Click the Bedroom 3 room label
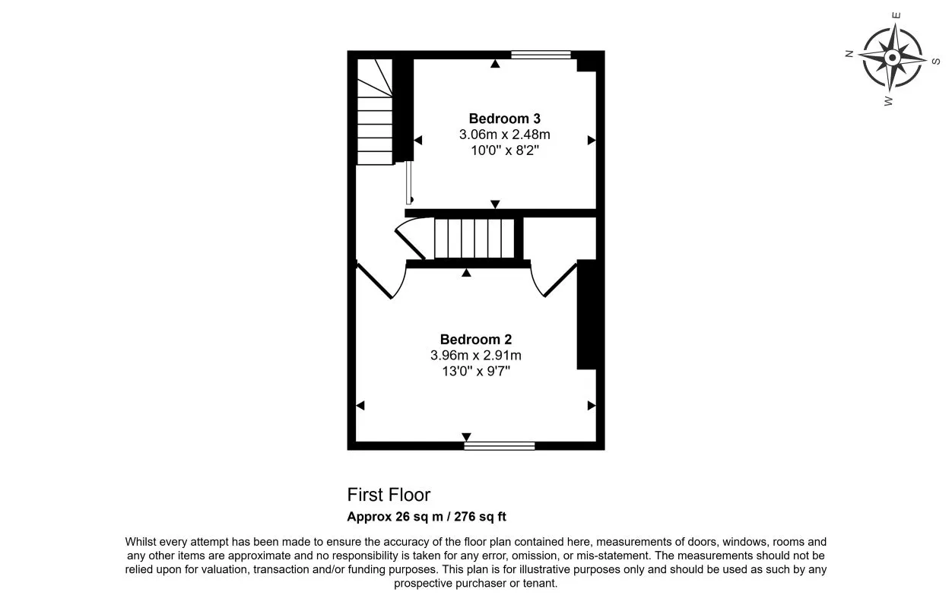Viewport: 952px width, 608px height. [504, 119]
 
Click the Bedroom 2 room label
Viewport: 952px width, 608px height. [475, 340]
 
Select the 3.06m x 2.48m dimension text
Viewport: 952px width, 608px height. [504, 135]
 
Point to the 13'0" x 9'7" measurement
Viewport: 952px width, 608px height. [475, 371]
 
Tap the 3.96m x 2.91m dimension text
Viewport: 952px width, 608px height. [475, 356]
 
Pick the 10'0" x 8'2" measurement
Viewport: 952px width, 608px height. [504, 150]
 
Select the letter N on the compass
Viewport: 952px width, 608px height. [849, 53]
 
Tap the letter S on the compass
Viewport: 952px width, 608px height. [936, 62]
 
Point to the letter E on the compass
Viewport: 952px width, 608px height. [897, 14]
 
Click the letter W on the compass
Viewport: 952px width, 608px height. [888, 100]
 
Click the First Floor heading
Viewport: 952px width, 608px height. [389, 495]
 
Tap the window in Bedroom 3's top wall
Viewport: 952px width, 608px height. [541, 54]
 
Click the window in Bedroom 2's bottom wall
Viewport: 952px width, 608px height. [499, 446]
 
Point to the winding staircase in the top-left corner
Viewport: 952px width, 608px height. [374, 110]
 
